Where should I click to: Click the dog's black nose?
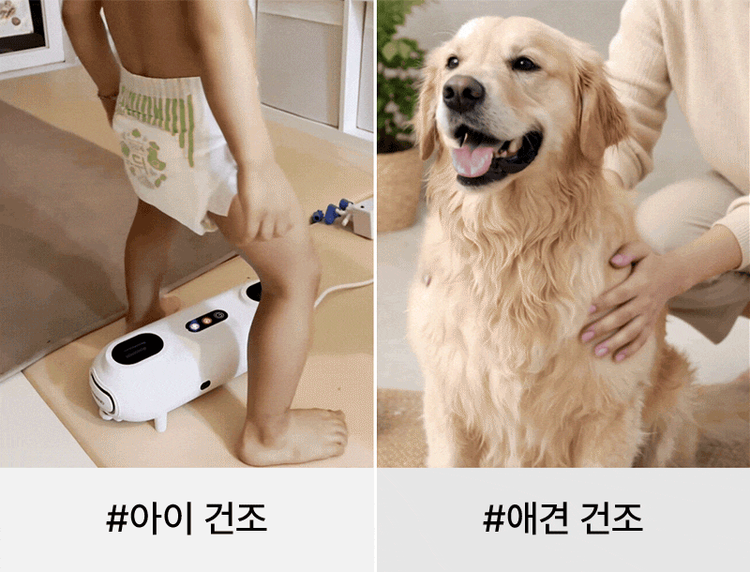pyautogui.click(x=463, y=93)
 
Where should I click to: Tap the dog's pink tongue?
pyautogui.click(x=472, y=161)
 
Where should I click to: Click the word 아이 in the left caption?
pyautogui.click(x=161, y=518)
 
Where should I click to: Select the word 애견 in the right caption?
pyautogui.click(x=537, y=518)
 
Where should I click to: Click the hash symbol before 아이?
pyautogui.click(x=117, y=519)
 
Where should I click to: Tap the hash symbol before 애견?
pyautogui.click(x=494, y=519)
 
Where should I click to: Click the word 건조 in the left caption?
pyautogui.click(x=236, y=518)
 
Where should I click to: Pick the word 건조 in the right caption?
pyautogui.click(x=612, y=518)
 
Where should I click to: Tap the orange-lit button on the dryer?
pyautogui.click(x=206, y=321)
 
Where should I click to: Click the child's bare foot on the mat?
pyautogui.click(x=293, y=436)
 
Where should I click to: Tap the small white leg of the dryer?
pyautogui.click(x=159, y=422)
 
